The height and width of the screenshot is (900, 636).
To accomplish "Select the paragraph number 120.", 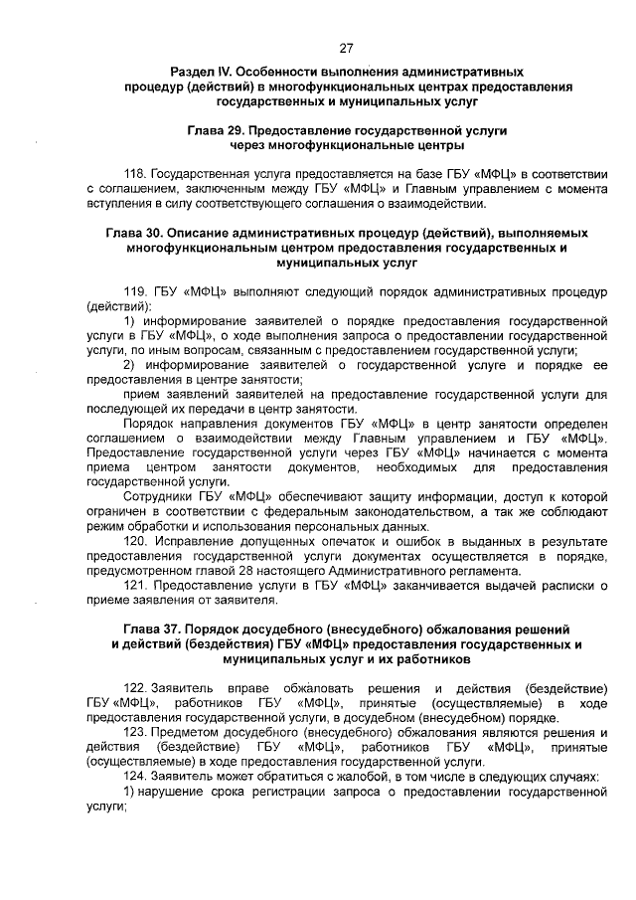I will (135, 543).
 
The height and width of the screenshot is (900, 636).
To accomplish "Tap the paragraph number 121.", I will (135, 586).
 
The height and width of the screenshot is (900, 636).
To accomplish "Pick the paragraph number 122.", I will (135, 688).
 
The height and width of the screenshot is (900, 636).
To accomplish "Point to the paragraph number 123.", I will (135, 732).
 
